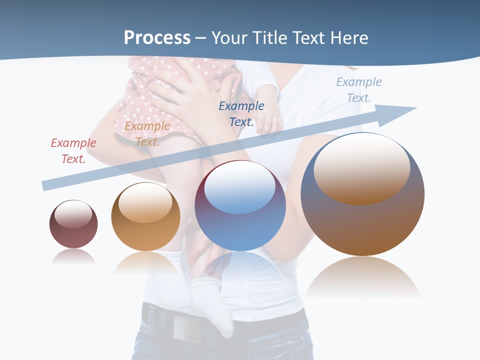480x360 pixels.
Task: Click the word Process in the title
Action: coord(157,38)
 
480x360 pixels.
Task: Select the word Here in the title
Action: coord(348,38)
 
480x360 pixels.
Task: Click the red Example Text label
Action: coord(73,150)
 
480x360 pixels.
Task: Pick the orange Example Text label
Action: coord(147,133)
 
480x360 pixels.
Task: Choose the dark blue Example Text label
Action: coord(241,113)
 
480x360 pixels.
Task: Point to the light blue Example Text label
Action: coord(358,89)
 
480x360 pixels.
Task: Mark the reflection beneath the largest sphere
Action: coord(363,277)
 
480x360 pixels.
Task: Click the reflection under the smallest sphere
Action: coord(73,257)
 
